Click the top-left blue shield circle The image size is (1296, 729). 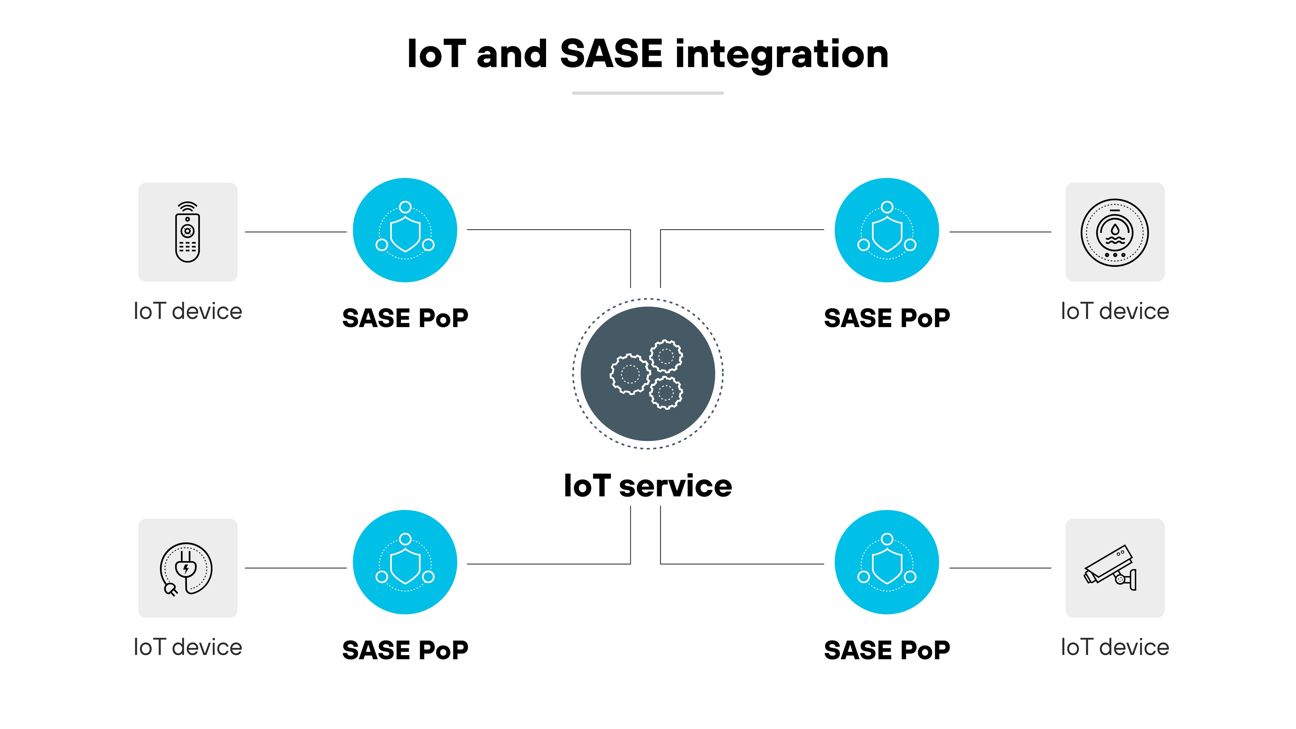(405, 230)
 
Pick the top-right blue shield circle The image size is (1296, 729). (886, 230)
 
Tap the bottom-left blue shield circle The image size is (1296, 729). (405, 562)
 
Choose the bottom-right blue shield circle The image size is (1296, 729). (886, 562)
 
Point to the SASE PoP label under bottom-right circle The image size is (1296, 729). (886, 650)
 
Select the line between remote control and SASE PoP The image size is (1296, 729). (296, 232)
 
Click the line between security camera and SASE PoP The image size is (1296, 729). (1000, 568)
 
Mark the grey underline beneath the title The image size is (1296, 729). (647, 93)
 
